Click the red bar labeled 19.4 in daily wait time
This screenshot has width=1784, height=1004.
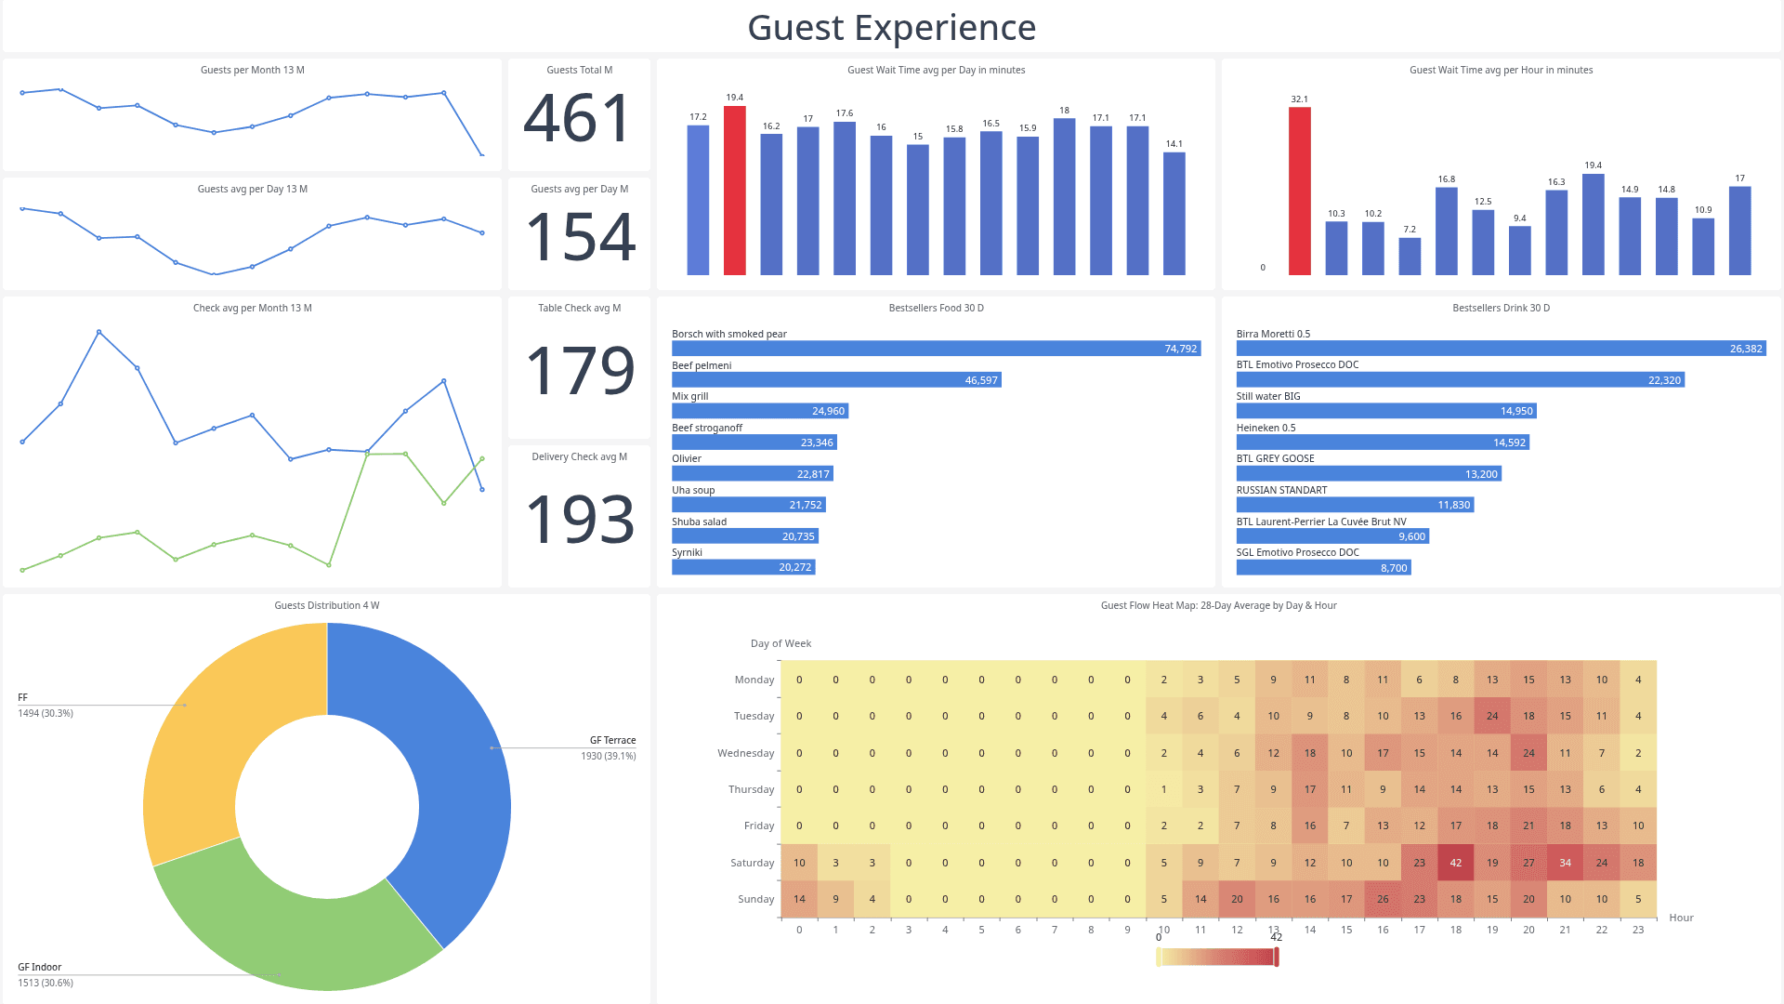pos(734,191)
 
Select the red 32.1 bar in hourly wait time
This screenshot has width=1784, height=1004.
pos(1299,191)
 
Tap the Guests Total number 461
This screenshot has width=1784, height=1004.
pos(578,119)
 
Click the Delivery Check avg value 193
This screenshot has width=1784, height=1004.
pos(581,519)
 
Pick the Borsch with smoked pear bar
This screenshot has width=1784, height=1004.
pos(936,349)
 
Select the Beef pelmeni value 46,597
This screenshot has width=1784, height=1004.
pos(980,380)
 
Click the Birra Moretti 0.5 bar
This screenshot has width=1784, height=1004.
pos(1500,349)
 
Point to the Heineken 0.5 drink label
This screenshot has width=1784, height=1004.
pos(1266,428)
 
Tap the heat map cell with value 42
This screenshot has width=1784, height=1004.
pos(1455,863)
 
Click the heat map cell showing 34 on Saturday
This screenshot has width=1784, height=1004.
pos(1565,863)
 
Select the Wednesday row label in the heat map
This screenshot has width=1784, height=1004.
pos(745,753)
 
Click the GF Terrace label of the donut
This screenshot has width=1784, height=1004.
pos(612,740)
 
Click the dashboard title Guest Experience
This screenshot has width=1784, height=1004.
pos(891,27)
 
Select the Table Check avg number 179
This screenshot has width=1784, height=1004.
pos(581,370)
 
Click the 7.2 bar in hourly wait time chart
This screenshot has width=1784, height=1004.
pos(1409,257)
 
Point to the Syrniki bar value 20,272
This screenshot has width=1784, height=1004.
pos(794,567)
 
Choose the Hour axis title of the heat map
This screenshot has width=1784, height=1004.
pos(1680,918)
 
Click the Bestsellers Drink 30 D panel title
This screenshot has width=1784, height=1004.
pos(1500,308)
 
